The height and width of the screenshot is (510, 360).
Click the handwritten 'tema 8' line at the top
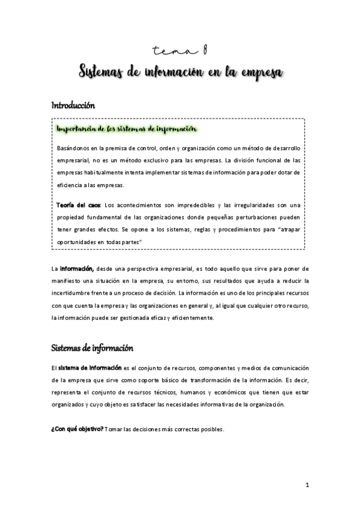tap(180, 52)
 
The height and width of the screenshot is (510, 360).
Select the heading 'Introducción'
tap(73, 105)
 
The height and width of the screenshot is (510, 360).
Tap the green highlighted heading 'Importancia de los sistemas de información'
tap(125, 129)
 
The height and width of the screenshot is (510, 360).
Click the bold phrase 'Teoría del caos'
tap(75, 204)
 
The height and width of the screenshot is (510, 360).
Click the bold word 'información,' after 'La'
tap(76, 267)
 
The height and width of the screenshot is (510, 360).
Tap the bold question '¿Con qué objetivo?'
tap(76, 429)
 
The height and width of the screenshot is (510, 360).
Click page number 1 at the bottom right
tap(307, 484)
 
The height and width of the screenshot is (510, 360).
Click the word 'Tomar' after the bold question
tap(114, 429)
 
